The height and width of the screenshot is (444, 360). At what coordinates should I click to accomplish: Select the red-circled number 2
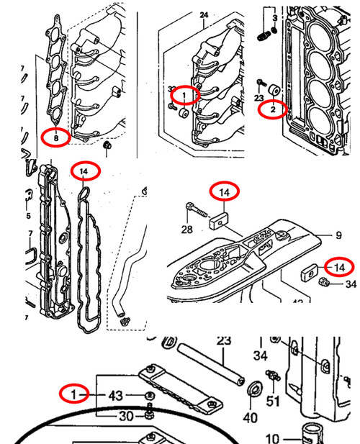273,109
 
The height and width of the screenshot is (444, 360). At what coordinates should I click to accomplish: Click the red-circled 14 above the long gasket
85,171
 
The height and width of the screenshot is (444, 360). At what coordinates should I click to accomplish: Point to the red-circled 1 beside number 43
73,394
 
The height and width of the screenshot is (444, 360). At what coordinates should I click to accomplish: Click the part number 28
187,230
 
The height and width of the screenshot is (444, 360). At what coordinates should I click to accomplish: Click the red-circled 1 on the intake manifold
184,95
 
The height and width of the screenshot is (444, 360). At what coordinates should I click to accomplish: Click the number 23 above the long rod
223,340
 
